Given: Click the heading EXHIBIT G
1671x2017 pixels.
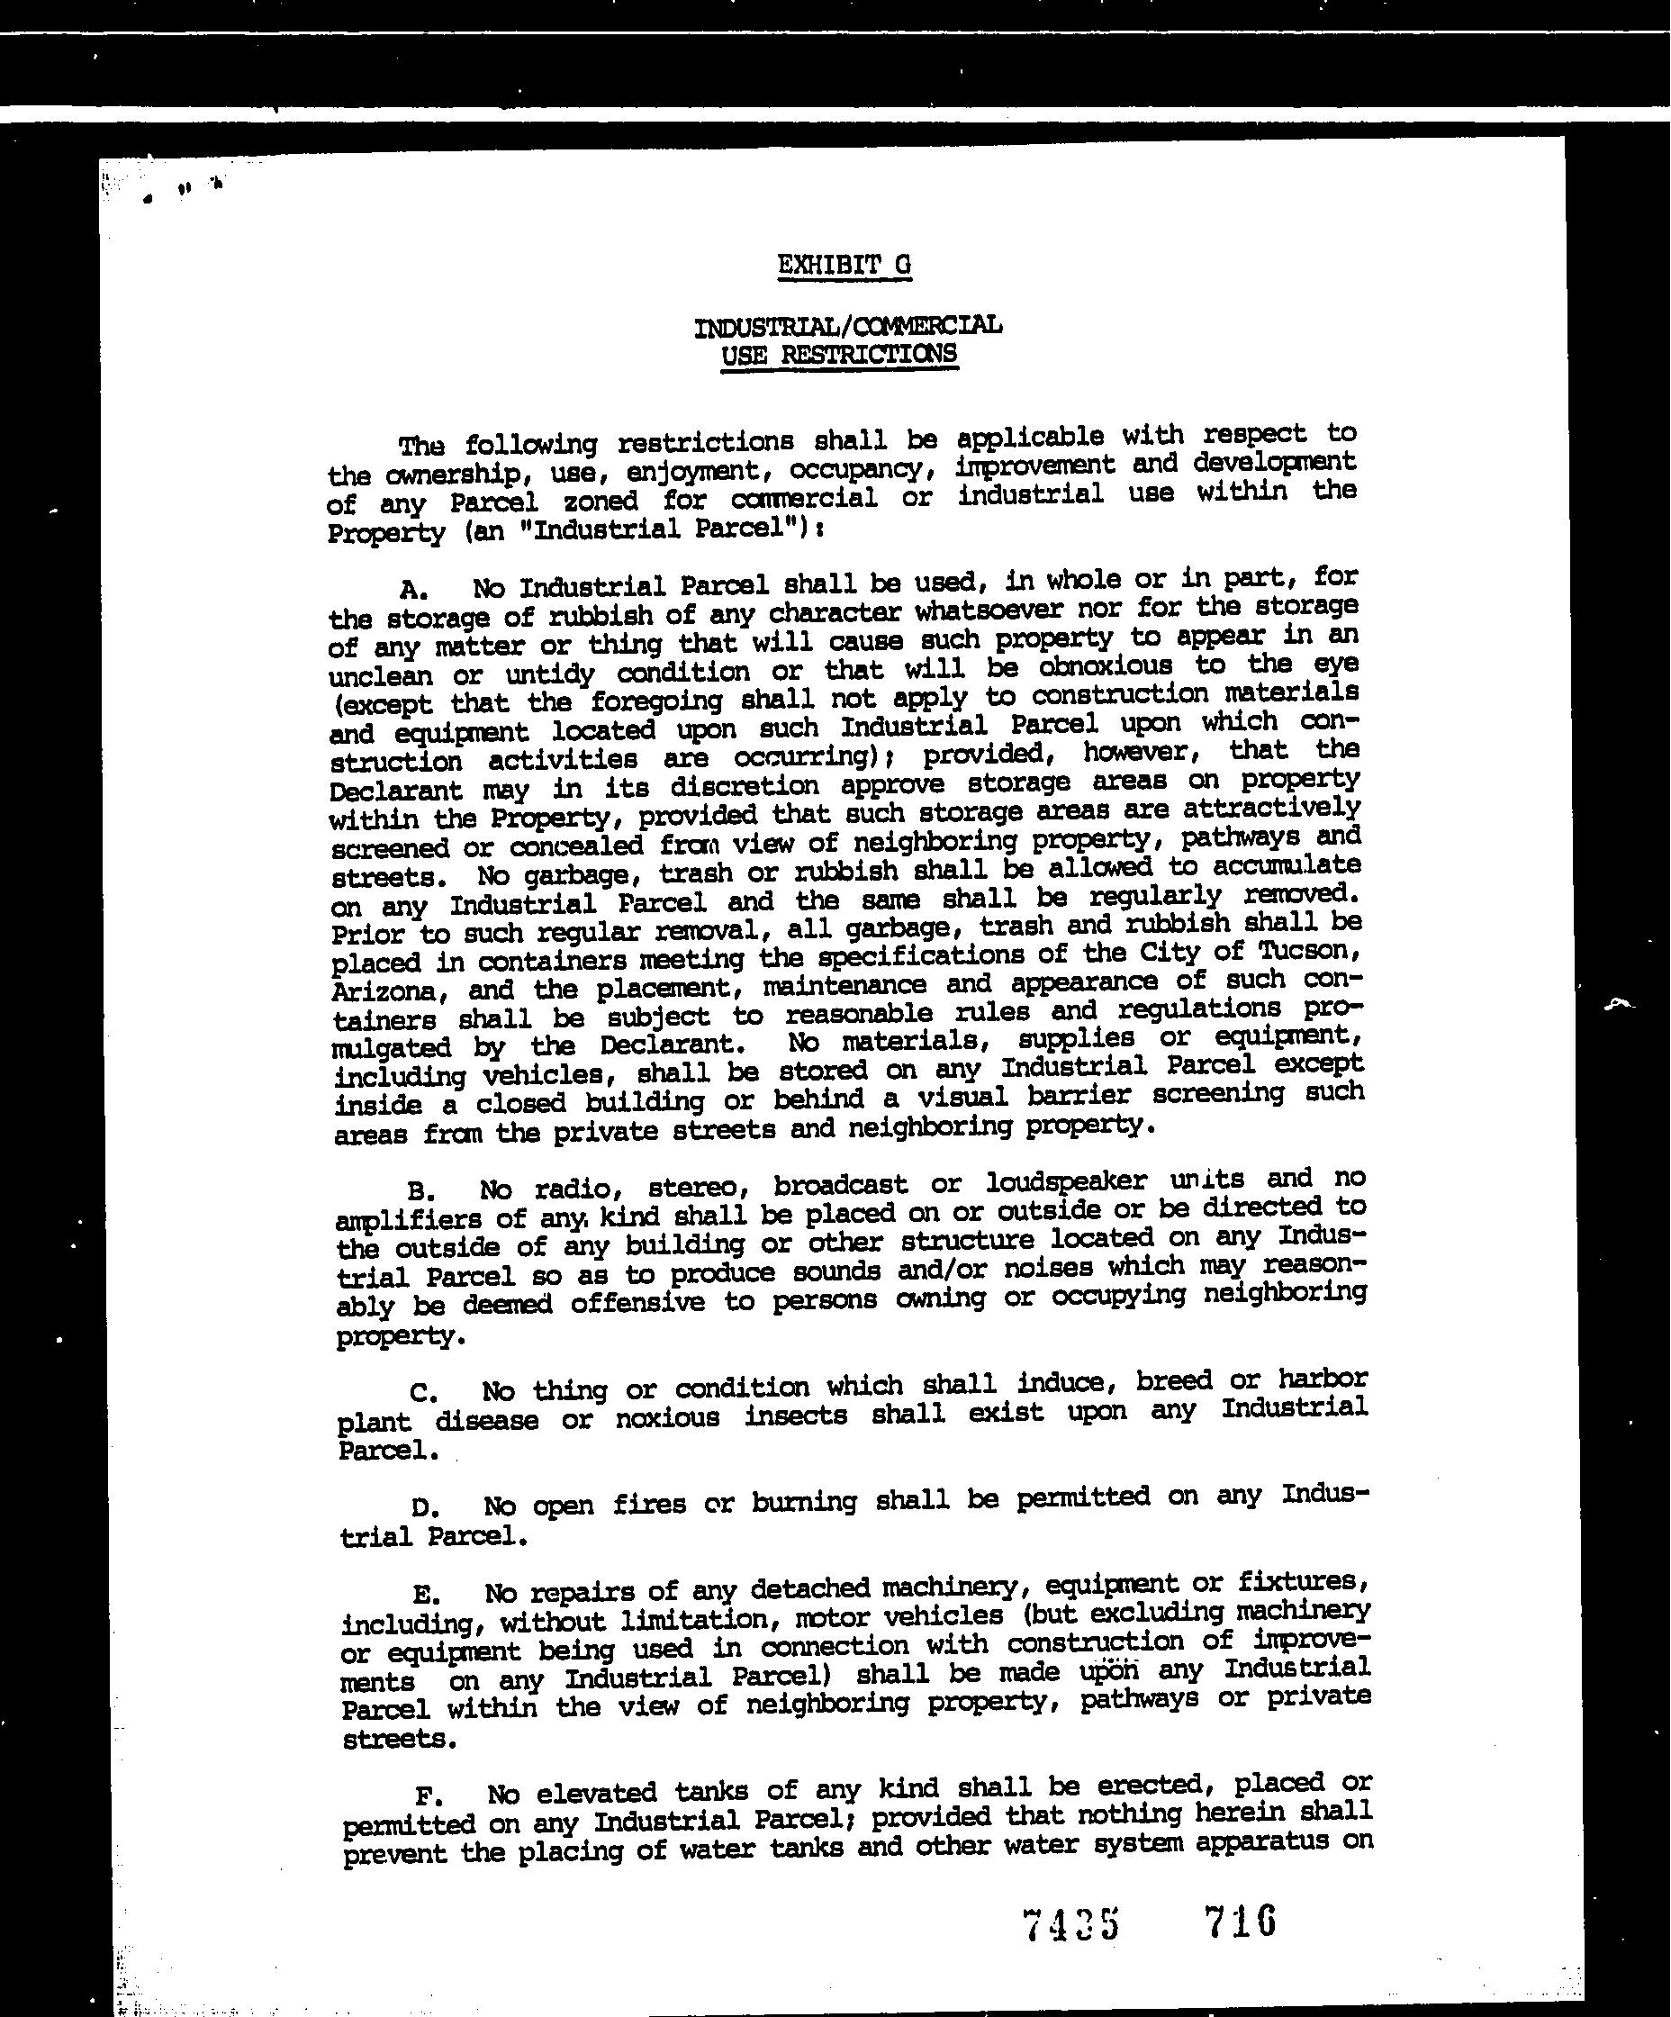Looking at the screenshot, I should coord(845,265).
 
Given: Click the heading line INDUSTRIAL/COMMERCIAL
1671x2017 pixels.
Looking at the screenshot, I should coord(847,326).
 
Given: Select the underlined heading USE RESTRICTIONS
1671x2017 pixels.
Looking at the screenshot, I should coord(839,355).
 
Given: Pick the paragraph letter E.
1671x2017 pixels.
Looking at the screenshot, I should coord(426,1596).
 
